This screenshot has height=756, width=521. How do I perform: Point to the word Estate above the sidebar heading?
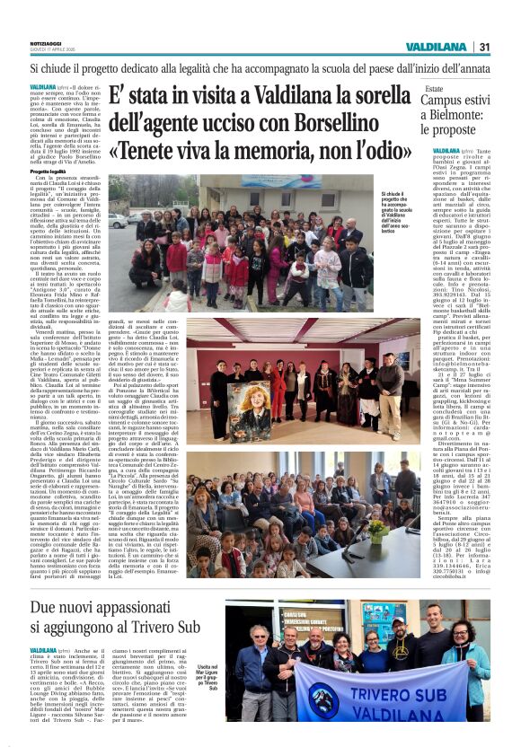click(434, 89)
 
